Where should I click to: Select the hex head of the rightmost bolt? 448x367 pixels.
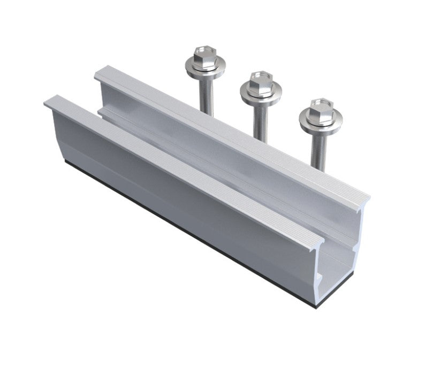click(320, 105)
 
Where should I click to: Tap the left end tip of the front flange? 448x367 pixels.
click(47, 102)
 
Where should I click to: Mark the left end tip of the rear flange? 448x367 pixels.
click(97, 74)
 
